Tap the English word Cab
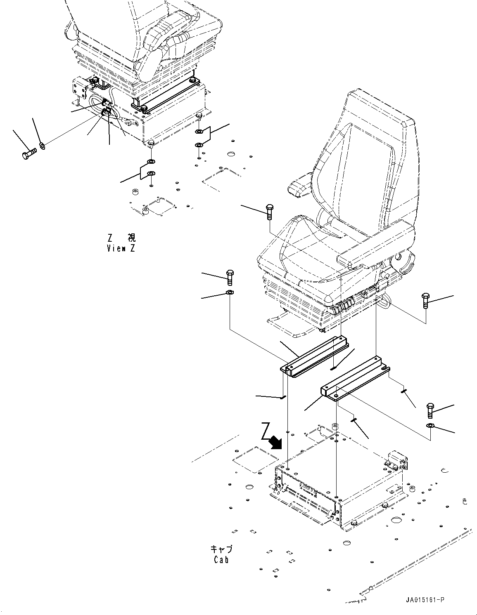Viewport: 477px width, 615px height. pyautogui.click(x=221, y=560)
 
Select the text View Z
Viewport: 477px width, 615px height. pyautogui.click(x=121, y=248)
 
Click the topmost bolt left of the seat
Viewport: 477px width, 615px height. pyautogui.click(x=269, y=212)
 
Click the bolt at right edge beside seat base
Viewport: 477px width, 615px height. pyautogui.click(x=425, y=301)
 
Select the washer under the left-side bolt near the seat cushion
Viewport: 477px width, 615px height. pyautogui.click(x=230, y=292)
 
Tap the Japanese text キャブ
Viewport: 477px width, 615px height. pyautogui.click(x=221, y=549)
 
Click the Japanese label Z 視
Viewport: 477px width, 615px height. pyautogui.click(x=121, y=238)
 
